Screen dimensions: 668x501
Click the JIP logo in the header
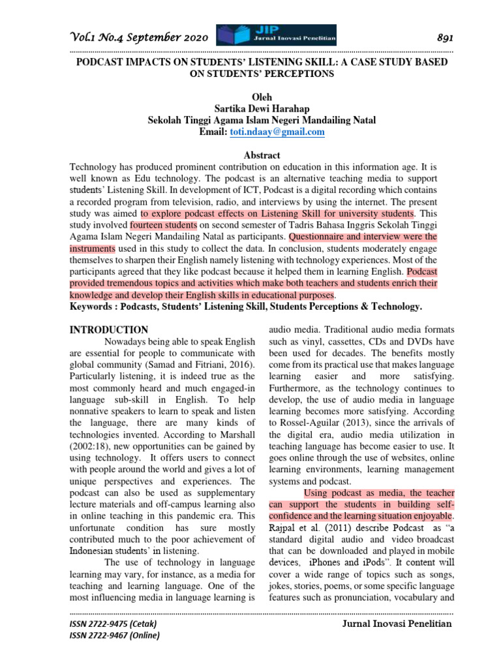click(277, 35)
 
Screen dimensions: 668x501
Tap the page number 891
click(444, 37)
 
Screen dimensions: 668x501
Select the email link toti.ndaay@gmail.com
click(277, 132)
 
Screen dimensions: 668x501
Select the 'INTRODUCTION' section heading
click(109, 330)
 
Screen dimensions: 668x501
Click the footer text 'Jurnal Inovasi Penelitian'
click(397, 624)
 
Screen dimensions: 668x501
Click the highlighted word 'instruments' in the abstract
click(93, 249)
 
